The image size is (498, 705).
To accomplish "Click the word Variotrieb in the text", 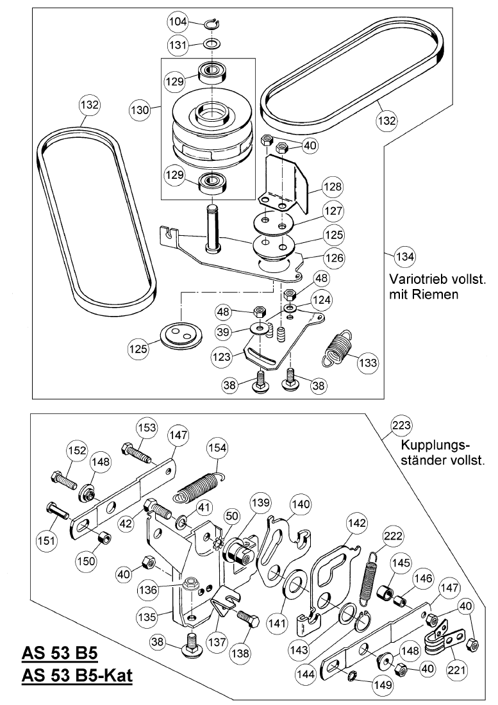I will tap(411, 280).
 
